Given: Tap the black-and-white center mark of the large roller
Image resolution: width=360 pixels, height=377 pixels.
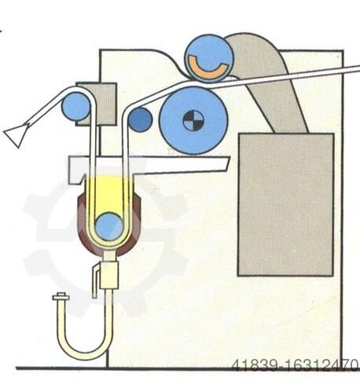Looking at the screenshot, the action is (x=193, y=121).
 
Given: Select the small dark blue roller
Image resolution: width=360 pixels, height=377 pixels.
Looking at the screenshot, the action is (x=140, y=119).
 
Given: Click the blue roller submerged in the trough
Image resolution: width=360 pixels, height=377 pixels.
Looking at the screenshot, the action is (x=109, y=226).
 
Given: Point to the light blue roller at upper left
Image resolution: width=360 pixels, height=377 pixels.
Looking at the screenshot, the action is (x=75, y=107).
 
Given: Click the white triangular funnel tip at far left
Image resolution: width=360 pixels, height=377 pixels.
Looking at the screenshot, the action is (x=15, y=135).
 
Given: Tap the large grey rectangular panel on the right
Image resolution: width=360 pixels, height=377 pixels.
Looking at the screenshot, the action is (x=286, y=204).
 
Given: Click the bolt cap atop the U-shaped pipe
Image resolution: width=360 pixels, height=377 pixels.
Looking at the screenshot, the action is (x=61, y=297).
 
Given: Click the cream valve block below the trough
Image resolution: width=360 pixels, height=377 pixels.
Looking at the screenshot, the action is (x=109, y=274).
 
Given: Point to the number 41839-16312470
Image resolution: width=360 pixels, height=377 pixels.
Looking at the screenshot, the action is (x=295, y=364).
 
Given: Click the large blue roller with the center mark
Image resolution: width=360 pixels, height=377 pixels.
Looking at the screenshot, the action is (x=193, y=121).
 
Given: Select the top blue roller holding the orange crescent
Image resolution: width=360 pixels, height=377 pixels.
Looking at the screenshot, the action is (x=209, y=57).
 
